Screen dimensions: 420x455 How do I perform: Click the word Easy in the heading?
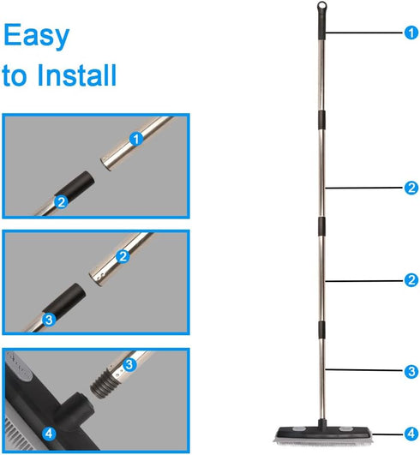tap(36, 36)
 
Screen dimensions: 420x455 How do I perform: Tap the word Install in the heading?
tap(76, 75)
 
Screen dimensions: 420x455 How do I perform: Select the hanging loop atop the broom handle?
tap(321, 5)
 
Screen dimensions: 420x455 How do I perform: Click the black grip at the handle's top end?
tap(321, 24)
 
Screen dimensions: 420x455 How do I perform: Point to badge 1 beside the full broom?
tap(411, 33)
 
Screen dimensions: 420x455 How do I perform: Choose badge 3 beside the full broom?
tap(411, 371)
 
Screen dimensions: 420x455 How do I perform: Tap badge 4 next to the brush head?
tap(411, 434)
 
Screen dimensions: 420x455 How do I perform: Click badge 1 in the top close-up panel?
tap(136, 139)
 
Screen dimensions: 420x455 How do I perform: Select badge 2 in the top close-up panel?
tap(61, 202)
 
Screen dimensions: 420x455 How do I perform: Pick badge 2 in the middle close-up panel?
tap(123, 256)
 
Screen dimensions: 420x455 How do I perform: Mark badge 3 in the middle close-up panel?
tap(49, 320)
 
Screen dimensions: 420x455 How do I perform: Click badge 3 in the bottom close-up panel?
tap(129, 365)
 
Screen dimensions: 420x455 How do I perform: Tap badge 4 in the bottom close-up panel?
tap(49, 434)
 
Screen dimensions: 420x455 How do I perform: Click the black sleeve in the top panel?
tap(75, 184)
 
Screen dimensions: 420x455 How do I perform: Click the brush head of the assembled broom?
tap(323, 434)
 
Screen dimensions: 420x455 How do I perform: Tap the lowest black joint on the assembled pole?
tap(321, 330)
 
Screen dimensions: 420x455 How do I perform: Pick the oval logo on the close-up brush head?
tap(20, 366)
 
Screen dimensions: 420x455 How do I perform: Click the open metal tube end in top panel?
tap(107, 164)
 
